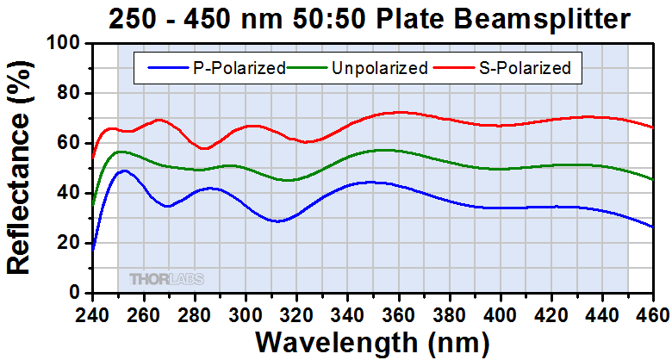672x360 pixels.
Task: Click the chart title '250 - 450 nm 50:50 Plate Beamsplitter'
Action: click(369, 18)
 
